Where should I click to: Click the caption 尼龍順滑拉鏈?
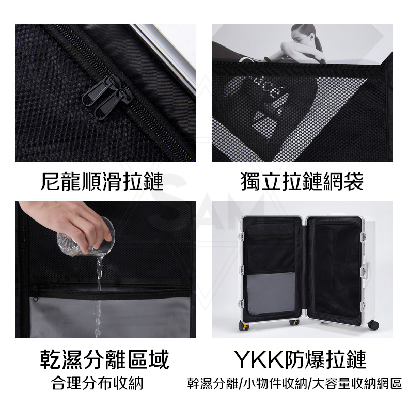(x=102, y=181)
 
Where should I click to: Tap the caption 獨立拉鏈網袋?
(x=302, y=181)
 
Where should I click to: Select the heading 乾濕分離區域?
(x=105, y=359)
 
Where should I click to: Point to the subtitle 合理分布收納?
(x=98, y=383)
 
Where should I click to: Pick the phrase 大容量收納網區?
(x=356, y=384)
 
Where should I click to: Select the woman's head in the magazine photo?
(x=304, y=34)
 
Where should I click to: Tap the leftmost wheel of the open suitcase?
(x=243, y=326)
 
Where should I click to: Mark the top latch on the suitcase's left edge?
(x=240, y=236)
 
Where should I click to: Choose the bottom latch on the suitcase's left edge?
(x=241, y=303)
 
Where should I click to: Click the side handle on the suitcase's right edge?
(x=367, y=272)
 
